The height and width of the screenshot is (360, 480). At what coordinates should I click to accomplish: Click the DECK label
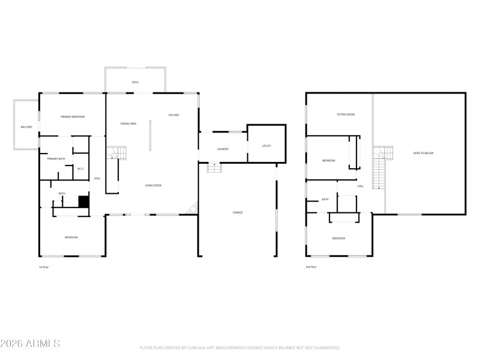135,82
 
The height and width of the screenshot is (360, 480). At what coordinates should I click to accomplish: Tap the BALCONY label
26,127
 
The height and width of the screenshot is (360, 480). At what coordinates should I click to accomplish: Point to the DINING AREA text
128,124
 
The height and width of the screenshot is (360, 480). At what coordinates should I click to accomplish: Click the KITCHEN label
173,115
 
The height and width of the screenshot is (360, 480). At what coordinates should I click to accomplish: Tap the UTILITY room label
266,146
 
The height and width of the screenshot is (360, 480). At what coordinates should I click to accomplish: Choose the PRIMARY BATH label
56,158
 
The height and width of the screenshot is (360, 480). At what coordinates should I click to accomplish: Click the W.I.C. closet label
80,169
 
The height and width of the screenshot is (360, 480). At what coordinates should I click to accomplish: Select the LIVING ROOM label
153,185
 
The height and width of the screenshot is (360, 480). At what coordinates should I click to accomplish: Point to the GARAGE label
238,212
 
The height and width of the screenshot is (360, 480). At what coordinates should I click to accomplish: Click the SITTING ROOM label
346,114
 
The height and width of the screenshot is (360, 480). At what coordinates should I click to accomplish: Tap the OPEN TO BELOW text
423,153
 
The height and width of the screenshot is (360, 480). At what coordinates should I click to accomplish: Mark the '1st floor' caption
44,266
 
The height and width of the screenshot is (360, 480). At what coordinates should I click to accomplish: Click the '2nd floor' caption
310,266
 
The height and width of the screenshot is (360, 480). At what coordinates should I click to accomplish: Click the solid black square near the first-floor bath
84,202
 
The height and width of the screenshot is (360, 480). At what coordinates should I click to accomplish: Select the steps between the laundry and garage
214,167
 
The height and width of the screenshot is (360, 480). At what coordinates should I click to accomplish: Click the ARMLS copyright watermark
30,344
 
